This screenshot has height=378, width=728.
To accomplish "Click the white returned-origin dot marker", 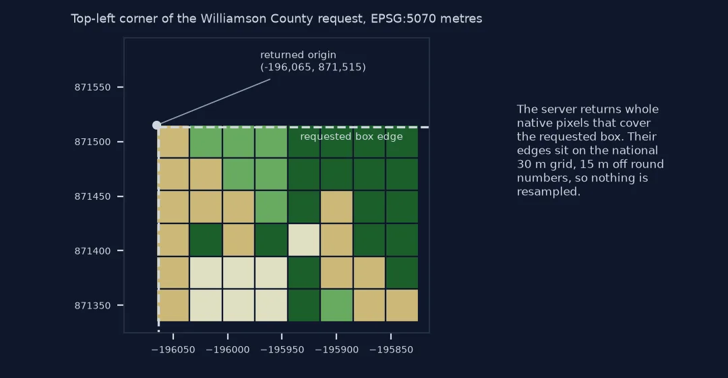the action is (157, 125).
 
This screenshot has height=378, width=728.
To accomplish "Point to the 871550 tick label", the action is (93, 87).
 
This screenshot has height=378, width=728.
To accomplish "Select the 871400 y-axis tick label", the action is (93, 251).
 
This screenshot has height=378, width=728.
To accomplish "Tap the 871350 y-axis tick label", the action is (93, 306).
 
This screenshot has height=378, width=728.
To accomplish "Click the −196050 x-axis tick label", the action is (173, 350).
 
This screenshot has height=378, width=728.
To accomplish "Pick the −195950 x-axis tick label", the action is (282, 350).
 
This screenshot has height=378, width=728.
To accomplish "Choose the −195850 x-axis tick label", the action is (391, 350).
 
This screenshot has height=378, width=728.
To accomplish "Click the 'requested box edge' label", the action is (351, 137).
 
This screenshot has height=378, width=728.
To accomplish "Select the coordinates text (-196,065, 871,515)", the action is (313, 67).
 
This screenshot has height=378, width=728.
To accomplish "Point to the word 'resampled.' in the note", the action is (548, 192).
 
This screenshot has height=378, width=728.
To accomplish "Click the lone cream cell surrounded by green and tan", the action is (304, 240).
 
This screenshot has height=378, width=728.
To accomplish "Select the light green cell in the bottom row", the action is (336, 306).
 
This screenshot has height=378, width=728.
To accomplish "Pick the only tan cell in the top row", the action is (173, 142).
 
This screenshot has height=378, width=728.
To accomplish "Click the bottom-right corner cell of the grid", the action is (402, 306).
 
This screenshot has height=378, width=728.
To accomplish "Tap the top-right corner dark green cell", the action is (402, 142).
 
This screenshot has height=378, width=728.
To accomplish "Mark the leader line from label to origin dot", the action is (214, 102).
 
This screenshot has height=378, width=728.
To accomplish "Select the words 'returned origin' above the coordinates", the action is (298, 55).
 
